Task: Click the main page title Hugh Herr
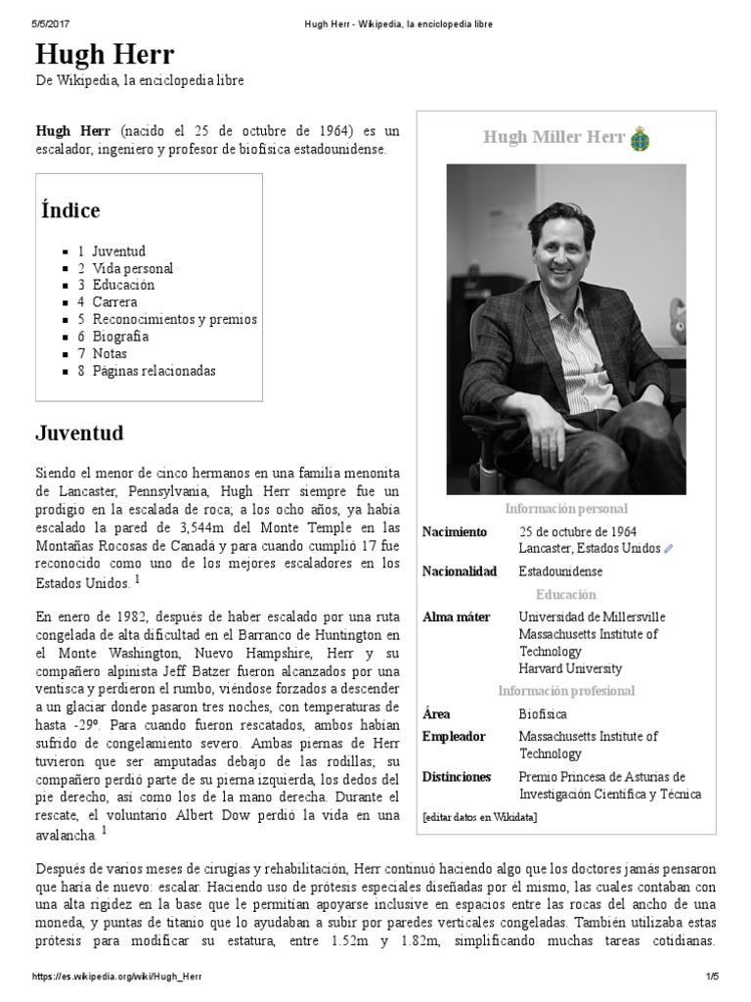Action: tap(106, 54)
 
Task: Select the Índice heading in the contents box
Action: tap(70, 210)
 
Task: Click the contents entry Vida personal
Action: tap(133, 268)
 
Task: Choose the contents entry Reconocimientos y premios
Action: tap(175, 319)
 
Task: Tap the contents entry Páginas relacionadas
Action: tap(155, 371)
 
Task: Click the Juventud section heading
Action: tap(79, 432)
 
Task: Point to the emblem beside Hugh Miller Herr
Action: tap(641, 138)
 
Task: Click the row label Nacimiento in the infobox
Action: tap(454, 531)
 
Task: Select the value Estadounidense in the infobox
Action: tap(560, 571)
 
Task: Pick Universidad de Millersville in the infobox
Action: tap(592, 616)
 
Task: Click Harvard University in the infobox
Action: tap(570, 668)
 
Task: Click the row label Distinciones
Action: tap(457, 777)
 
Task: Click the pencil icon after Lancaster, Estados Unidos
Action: tap(669, 549)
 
